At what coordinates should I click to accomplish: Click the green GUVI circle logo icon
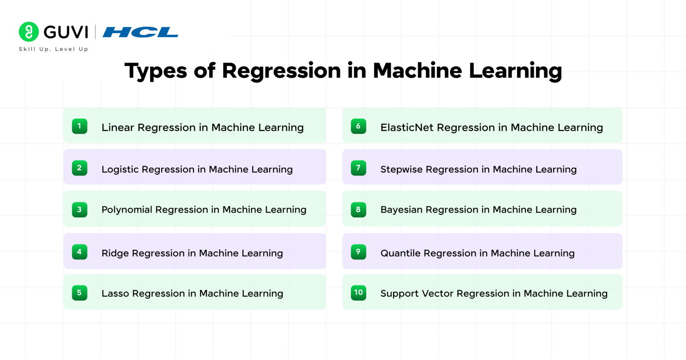tap(29, 32)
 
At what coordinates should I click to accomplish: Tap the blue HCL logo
tap(140, 32)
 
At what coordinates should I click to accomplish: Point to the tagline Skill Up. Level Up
tap(54, 49)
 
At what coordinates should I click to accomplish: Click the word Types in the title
tap(155, 71)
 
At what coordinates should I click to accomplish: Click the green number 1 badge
tap(79, 126)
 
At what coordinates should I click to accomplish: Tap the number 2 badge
tap(79, 168)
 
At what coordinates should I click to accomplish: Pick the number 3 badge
tap(79, 209)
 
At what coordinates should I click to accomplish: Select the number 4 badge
tap(79, 252)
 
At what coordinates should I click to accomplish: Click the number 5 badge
tap(79, 293)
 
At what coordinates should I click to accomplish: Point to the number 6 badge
tap(358, 126)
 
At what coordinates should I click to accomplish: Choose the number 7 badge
tap(358, 168)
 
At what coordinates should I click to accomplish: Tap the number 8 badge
tap(358, 209)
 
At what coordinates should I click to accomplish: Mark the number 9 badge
tap(358, 252)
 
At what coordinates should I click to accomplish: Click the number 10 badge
tap(358, 293)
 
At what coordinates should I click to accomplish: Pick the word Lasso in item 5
tap(115, 293)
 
